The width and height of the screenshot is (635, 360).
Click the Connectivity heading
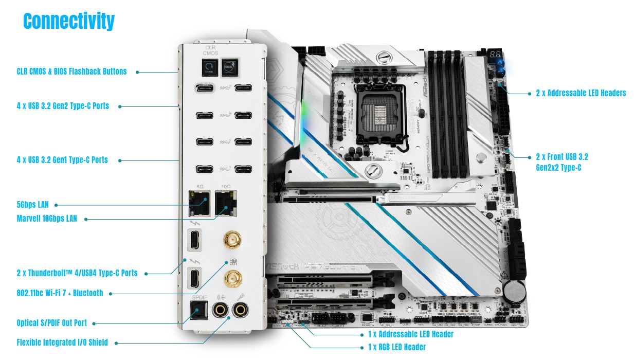coord(69,22)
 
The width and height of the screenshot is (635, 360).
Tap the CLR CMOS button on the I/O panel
coord(209,67)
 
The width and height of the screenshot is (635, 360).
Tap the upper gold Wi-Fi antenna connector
coord(232,239)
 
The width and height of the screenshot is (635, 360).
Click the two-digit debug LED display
coord(495,54)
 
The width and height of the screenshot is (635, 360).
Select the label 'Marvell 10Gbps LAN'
coord(47,219)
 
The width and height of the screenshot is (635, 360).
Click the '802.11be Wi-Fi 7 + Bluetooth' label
coord(60,293)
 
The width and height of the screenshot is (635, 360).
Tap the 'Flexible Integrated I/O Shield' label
coord(62,342)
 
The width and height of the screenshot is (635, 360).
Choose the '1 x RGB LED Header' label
coord(397,347)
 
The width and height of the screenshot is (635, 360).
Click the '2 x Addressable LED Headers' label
coord(580,93)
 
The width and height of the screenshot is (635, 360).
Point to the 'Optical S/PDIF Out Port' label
coord(51,323)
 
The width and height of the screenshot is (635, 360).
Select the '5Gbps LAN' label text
coord(32,205)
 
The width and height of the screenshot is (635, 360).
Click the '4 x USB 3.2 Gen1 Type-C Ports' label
coord(62,160)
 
